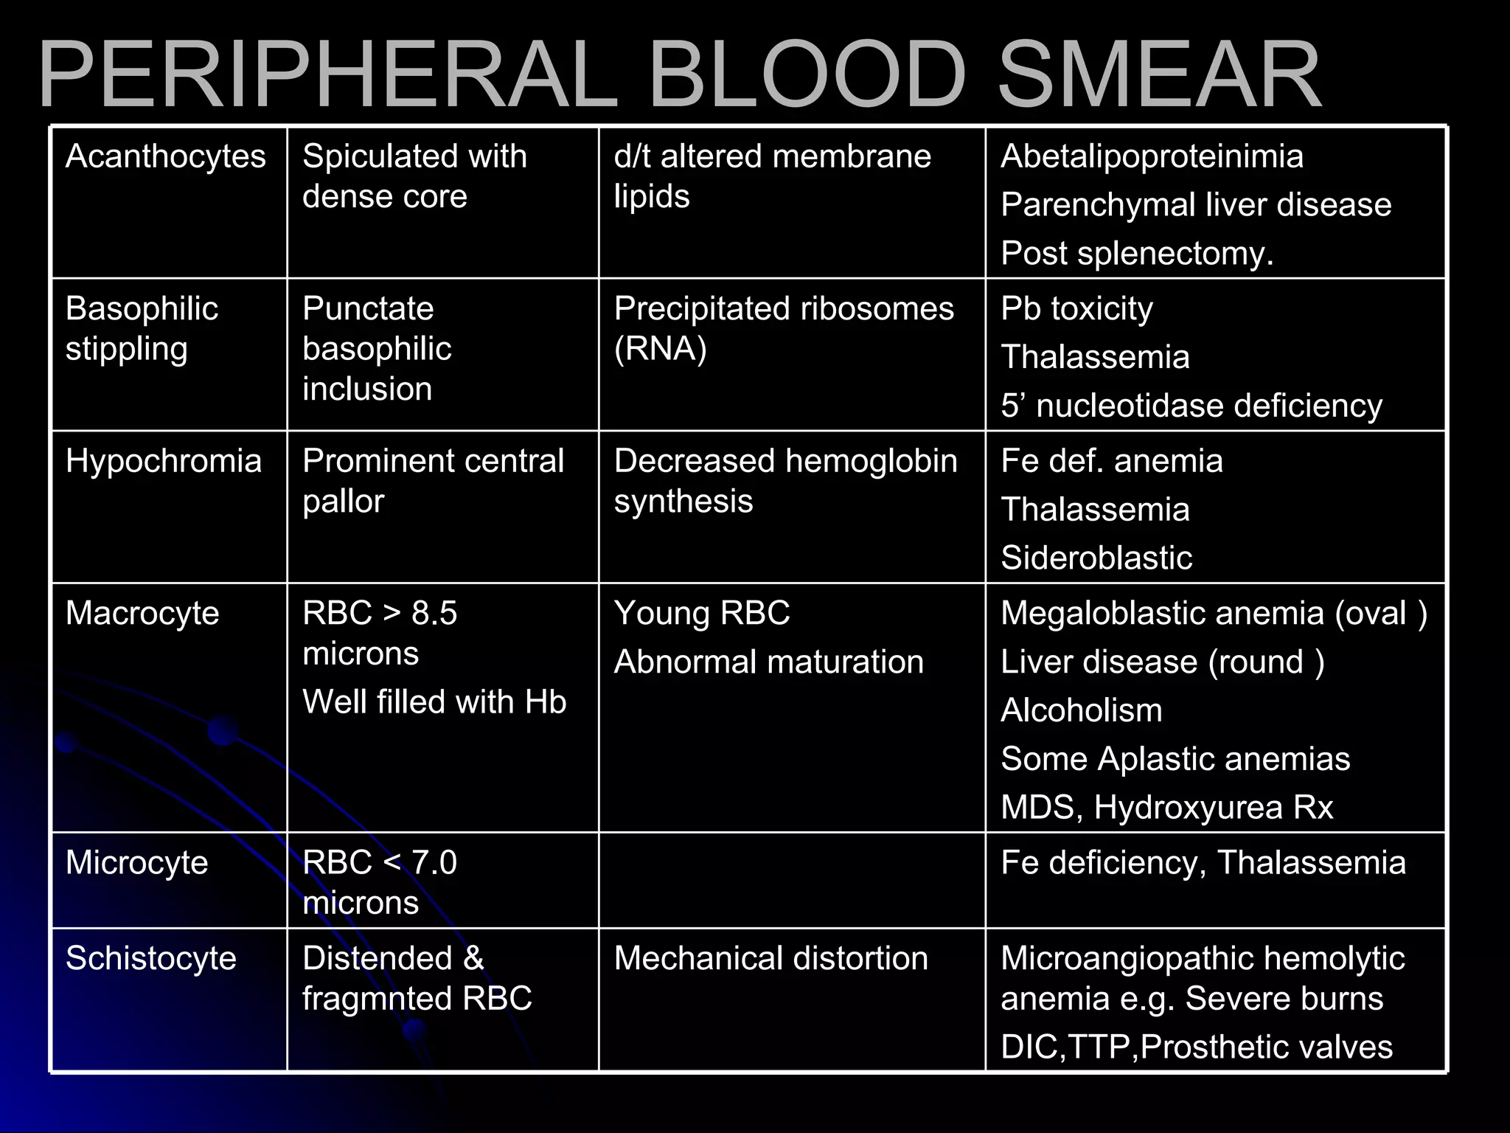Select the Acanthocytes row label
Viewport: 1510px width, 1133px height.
[x=165, y=156]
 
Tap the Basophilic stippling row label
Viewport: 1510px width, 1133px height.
[x=142, y=328]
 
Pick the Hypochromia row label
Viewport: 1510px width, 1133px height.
[x=163, y=461]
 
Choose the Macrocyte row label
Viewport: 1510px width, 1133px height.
[x=142, y=613]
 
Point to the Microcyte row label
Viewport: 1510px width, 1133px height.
[x=137, y=862]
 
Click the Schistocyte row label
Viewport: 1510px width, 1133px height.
[x=151, y=958]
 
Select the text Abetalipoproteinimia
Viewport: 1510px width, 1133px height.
[x=1152, y=156]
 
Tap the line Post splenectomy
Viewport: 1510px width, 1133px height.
[x=1137, y=254]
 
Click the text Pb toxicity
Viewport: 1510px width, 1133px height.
[x=1076, y=309]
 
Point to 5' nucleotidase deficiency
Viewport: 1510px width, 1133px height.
[x=1191, y=406]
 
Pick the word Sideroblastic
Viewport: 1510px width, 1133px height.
[x=1096, y=558]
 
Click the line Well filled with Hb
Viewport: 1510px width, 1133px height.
[x=434, y=701]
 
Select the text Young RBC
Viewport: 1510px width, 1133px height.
[x=702, y=613]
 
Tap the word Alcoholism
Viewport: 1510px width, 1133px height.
[x=1082, y=710]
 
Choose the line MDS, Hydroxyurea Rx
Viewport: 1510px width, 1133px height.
[x=1166, y=807]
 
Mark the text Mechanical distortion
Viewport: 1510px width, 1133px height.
[x=770, y=958]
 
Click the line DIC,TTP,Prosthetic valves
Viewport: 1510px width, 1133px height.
[x=1196, y=1047]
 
